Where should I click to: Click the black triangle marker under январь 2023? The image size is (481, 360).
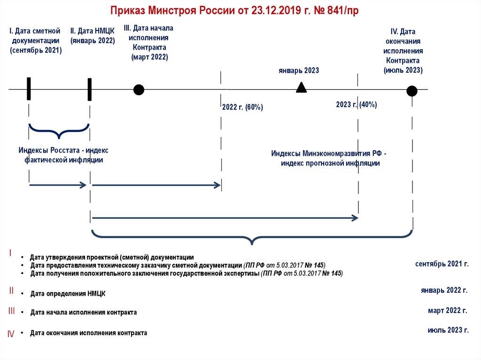point(301,87)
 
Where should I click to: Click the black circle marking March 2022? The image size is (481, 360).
point(139,90)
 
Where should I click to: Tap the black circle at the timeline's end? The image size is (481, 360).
point(412,91)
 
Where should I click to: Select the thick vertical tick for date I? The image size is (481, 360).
point(29,89)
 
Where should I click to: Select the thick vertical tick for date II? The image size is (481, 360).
point(90,89)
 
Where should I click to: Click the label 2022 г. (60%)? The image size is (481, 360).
point(242,107)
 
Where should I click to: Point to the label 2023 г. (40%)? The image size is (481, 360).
point(357,105)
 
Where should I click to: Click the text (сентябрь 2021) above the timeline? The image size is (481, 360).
point(36,50)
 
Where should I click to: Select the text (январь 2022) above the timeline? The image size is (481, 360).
point(93,41)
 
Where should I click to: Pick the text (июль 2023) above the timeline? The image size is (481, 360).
point(403,70)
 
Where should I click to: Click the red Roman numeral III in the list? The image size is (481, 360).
point(12,311)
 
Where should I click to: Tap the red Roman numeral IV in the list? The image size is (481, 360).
point(11,334)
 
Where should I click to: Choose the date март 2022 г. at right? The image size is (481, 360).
point(447,310)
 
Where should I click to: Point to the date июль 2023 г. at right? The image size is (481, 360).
point(448,330)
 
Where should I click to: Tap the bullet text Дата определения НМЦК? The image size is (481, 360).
point(68,294)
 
